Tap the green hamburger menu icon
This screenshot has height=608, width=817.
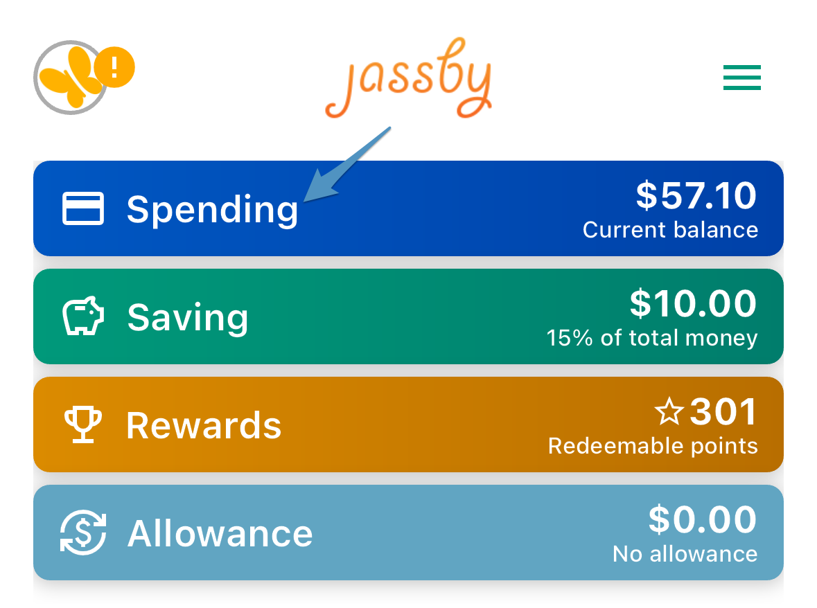tap(742, 78)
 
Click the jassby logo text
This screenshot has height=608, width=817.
tap(409, 78)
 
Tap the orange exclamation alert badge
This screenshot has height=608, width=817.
tap(114, 67)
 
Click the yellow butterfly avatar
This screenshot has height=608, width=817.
tap(71, 78)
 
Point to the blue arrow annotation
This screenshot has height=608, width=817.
tap(347, 164)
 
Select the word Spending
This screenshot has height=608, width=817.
tap(212, 209)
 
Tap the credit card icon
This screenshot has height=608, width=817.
tap(83, 208)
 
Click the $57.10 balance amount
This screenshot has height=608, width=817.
tap(696, 196)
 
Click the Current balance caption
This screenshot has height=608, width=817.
tap(670, 230)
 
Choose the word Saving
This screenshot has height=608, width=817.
tap(188, 318)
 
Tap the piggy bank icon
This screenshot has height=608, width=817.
tap(83, 316)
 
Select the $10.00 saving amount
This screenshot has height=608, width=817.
tap(693, 303)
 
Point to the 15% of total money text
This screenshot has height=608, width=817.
tap(652, 338)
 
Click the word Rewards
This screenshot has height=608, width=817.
tap(204, 426)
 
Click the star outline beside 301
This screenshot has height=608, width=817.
tap(669, 411)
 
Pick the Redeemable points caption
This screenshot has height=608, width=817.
tap(653, 446)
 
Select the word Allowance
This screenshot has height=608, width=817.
tap(220, 534)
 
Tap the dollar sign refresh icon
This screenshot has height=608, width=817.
tap(83, 532)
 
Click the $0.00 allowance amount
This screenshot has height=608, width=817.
tap(703, 519)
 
